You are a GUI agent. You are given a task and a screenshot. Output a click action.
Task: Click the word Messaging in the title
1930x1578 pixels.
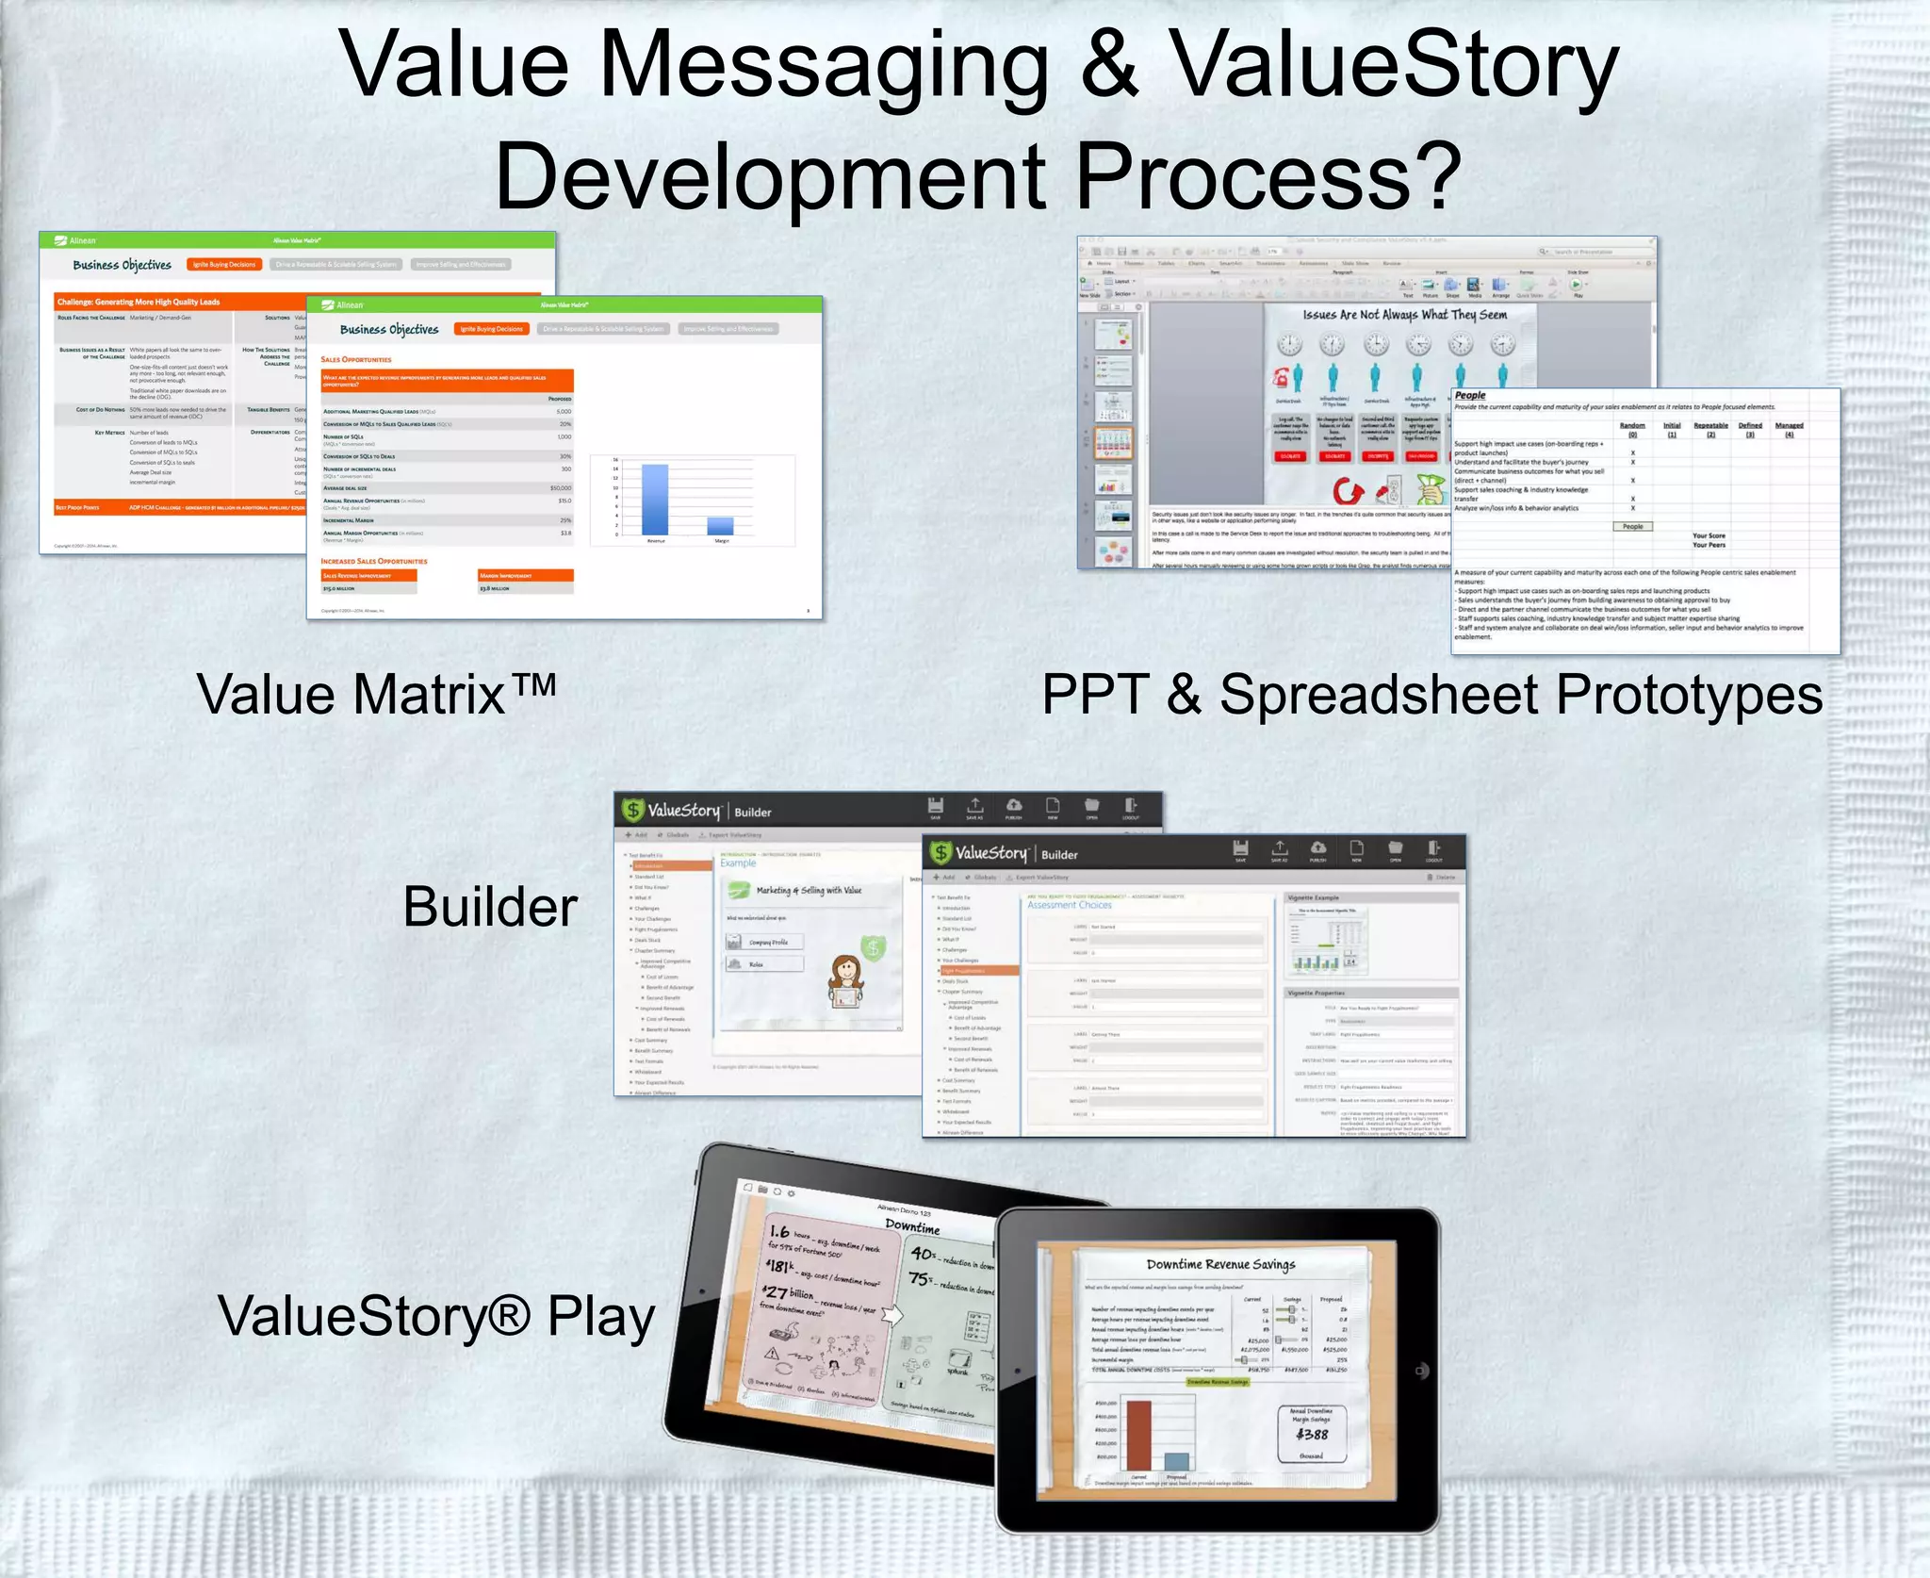point(823,66)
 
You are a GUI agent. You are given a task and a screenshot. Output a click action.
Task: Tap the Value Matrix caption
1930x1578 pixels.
point(375,695)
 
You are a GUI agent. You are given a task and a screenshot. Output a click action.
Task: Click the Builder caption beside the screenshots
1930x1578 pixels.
point(489,907)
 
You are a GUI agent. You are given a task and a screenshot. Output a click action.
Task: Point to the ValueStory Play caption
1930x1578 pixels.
point(435,1316)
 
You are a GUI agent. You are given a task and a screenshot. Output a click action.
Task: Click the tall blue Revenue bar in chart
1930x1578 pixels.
point(654,500)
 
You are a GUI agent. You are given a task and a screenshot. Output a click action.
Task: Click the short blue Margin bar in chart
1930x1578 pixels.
point(720,526)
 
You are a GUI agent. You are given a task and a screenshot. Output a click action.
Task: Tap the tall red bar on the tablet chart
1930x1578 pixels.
point(1138,1435)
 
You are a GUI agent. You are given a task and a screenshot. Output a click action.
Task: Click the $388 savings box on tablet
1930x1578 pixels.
point(1312,1434)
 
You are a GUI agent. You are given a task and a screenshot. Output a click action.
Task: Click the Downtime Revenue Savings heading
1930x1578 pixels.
point(1220,1264)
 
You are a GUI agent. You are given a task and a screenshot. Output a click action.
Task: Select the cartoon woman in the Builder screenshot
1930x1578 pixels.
point(845,982)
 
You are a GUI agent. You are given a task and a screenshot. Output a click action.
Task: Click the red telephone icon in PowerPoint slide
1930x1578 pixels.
point(1281,378)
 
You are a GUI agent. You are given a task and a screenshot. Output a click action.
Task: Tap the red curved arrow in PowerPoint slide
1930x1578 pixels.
point(1348,490)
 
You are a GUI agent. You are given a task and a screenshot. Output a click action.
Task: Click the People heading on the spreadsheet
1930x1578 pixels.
point(1469,396)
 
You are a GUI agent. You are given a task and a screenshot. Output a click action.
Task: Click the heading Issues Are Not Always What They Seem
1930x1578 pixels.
point(1404,315)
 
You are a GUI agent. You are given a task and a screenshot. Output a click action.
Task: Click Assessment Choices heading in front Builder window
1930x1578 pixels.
point(1069,905)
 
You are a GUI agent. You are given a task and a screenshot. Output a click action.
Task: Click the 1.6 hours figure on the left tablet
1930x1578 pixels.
point(780,1231)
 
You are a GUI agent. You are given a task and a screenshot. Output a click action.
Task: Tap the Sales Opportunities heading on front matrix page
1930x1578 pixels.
point(355,360)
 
